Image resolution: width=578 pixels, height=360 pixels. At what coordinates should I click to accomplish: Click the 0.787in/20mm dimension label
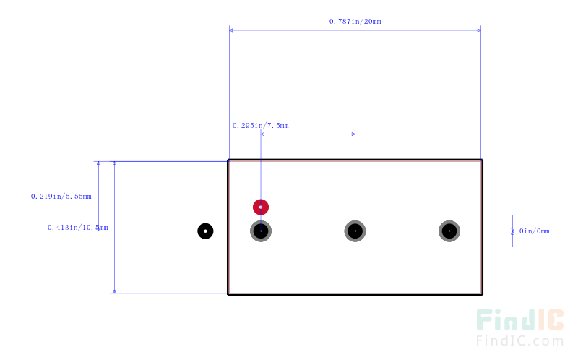(x=355, y=22)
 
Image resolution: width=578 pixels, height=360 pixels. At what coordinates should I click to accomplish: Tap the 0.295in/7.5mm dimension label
(x=260, y=125)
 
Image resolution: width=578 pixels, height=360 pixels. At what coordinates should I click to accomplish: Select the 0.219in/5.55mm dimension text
(x=61, y=196)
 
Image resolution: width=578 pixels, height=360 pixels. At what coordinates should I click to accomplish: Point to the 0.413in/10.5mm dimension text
(x=78, y=227)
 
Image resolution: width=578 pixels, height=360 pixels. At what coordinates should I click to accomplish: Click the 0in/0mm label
(x=534, y=231)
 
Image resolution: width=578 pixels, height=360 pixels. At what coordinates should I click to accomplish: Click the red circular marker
(x=261, y=207)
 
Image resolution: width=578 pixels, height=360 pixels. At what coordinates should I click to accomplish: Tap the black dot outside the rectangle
(x=205, y=231)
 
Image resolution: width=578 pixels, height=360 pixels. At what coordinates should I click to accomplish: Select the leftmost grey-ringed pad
(x=261, y=231)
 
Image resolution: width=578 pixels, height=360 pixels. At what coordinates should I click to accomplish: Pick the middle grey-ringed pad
(x=355, y=231)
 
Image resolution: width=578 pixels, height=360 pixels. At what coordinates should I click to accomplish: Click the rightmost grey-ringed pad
(x=449, y=231)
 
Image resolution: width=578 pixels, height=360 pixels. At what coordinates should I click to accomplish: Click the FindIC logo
(x=519, y=320)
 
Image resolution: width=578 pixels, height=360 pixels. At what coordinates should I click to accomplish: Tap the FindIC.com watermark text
(x=519, y=340)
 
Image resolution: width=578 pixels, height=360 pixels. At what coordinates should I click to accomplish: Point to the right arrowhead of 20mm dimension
(x=479, y=30)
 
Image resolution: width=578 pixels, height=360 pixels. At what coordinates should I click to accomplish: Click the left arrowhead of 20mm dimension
(x=231, y=30)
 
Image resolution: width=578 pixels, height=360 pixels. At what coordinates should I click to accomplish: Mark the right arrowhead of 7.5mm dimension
(x=353, y=134)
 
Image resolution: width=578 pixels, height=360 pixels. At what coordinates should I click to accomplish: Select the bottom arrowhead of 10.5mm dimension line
(x=114, y=291)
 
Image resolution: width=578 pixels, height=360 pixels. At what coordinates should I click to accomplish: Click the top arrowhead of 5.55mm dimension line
(x=98, y=163)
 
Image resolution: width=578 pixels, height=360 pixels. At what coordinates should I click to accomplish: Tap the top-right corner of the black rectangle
(x=482, y=160)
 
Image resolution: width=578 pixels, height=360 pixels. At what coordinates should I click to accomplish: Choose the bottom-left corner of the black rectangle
(x=228, y=294)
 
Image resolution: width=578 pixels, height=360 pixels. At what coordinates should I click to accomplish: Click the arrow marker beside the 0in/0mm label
(x=512, y=231)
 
